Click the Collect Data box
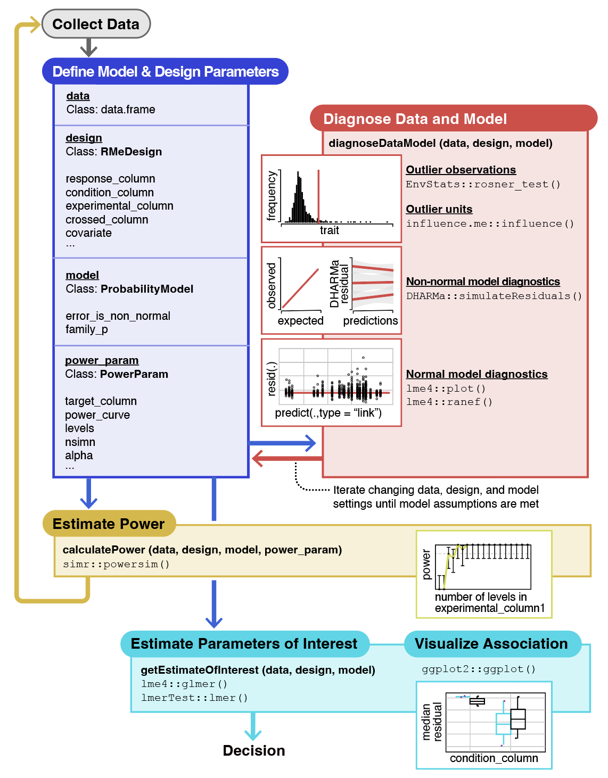pyautogui.click(x=96, y=24)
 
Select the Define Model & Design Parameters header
pyautogui.click(x=165, y=71)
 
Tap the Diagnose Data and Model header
pyautogui.click(x=415, y=119)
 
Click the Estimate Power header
pyautogui.click(x=109, y=524)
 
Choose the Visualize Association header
pyautogui.click(x=491, y=643)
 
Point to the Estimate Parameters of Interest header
pyautogui.click(x=244, y=643)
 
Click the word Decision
pyautogui.click(x=253, y=750)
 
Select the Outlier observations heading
pyautogui.click(x=461, y=170)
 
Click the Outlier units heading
pyautogui.click(x=439, y=209)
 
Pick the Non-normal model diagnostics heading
pyautogui.click(x=483, y=282)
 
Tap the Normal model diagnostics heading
pyautogui.click(x=476, y=374)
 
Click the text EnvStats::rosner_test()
pyautogui.click(x=483, y=184)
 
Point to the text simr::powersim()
pyautogui.click(x=116, y=564)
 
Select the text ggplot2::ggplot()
pyautogui.click(x=478, y=669)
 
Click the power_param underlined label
pyautogui.click(x=102, y=360)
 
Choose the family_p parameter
pyautogui.click(x=87, y=329)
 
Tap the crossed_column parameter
pyautogui.click(x=107, y=220)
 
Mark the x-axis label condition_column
pyautogui.click(x=494, y=758)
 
